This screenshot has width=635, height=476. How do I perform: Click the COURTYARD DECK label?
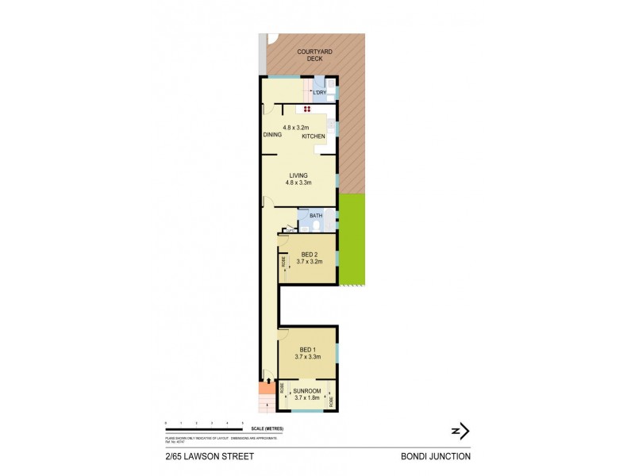coord(315,55)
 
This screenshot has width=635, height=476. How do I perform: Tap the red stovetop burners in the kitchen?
coord(305,108)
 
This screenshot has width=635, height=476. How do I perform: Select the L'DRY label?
coord(319,93)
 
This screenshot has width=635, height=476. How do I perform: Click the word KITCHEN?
coord(313,136)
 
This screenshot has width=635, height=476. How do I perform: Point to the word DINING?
coord(273,135)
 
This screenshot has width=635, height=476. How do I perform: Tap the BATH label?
coord(316,215)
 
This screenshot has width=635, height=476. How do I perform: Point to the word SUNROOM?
coord(306,390)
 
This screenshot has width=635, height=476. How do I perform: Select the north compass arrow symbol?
coord(460,431)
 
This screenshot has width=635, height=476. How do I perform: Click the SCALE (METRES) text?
coord(265,429)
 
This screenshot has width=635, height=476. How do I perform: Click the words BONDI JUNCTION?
coord(437,456)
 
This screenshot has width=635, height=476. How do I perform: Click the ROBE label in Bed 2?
coord(283,261)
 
